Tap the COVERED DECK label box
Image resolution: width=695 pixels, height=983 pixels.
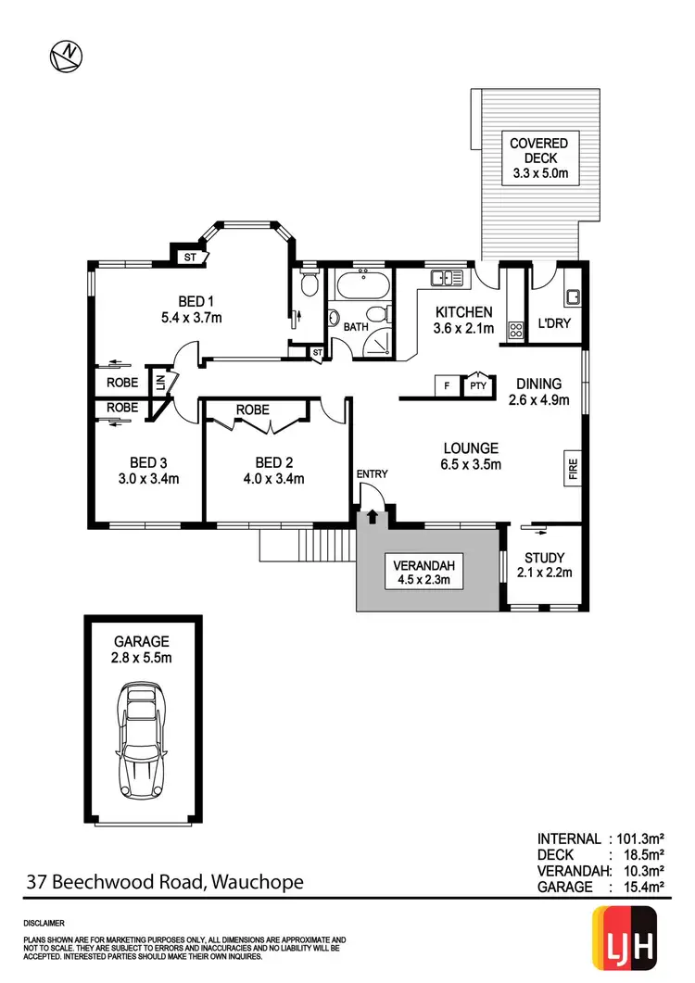pos(538,158)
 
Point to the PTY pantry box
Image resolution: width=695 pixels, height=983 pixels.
pos(477,385)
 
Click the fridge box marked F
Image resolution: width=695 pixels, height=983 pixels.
pos(448,385)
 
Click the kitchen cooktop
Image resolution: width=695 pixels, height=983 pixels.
pos(514,330)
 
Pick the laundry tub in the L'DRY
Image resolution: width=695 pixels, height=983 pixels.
pos(574,296)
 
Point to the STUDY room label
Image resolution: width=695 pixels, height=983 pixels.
pos(544,558)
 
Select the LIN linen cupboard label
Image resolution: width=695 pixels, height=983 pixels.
pos(159,383)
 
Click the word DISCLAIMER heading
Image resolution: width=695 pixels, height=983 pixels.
pos(44,924)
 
